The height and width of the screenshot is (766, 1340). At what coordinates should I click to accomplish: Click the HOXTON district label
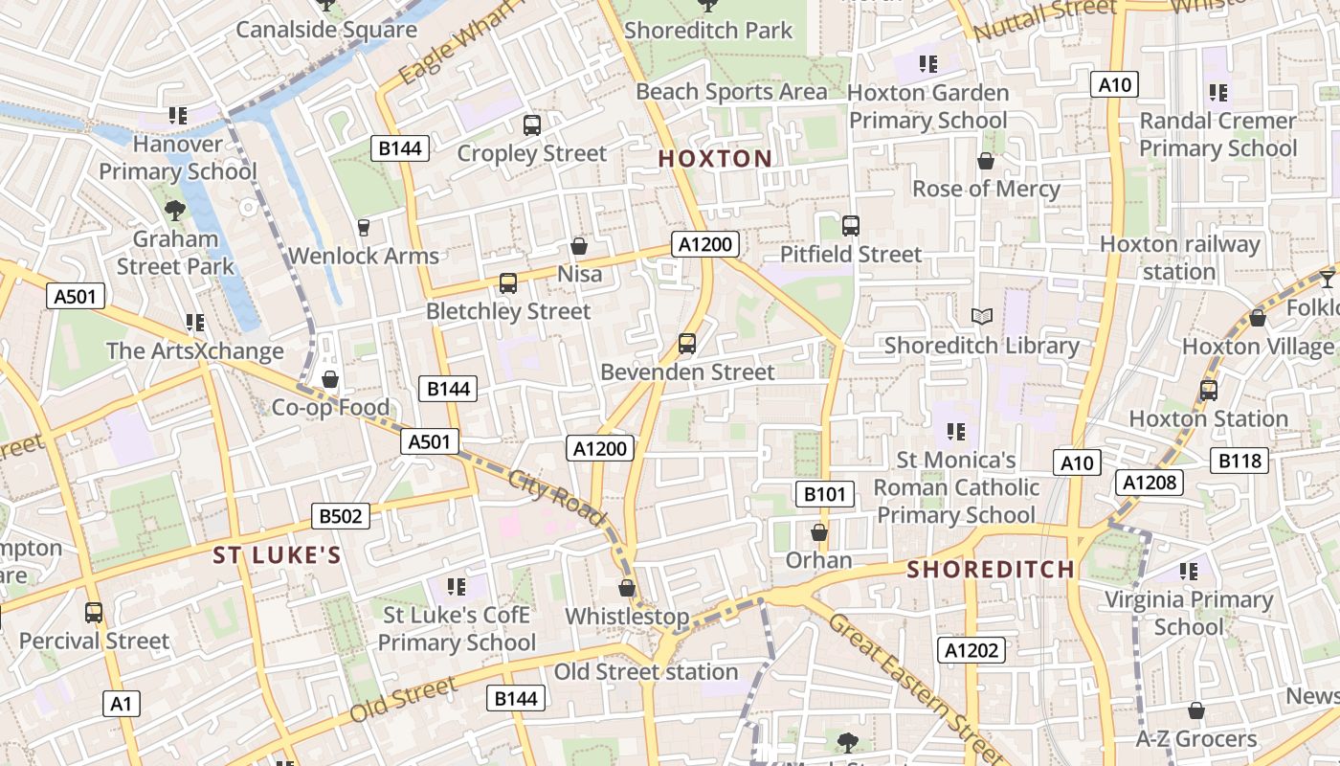point(715,159)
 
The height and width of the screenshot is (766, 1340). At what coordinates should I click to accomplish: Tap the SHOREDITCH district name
point(991,570)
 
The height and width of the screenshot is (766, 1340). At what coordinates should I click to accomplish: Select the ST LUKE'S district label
point(277,555)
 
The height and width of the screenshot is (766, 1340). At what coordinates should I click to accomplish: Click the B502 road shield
point(341,517)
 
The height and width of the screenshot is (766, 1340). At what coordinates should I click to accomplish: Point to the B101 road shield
point(825,494)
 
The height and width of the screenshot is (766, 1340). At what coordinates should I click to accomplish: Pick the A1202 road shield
point(971,651)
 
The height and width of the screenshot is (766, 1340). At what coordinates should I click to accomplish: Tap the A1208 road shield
point(1149,483)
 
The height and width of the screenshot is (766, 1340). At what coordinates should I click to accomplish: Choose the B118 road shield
point(1240,461)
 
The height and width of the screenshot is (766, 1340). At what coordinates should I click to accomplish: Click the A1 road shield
point(121,704)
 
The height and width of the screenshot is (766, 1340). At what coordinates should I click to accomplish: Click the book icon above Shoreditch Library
point(982,316)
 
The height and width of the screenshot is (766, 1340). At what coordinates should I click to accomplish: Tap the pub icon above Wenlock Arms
point(363,227)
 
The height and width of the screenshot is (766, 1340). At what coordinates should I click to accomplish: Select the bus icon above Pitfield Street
point(851,226)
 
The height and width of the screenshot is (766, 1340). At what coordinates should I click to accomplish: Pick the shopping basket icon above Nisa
point(579,246)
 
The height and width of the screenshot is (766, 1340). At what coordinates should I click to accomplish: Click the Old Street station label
point(646,672)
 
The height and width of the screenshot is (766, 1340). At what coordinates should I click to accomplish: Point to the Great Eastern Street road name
point(917,689)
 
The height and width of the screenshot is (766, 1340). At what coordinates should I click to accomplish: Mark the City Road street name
point(557,498)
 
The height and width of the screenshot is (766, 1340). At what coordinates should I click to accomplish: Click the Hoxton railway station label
point(1179,258)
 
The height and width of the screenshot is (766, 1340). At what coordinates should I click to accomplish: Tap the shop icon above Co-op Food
point(330,379)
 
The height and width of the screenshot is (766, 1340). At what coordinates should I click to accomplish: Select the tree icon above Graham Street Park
point(175,210)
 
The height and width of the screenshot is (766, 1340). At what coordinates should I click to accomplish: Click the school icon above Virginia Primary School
point(1189,572)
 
